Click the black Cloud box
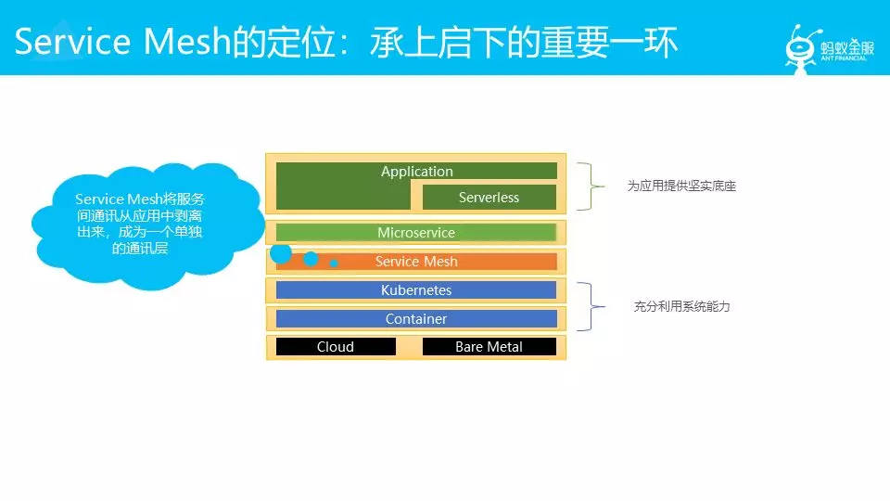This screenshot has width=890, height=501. [336, 346]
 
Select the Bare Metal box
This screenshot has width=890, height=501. [489, 346]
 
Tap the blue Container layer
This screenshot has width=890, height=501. [416, 318]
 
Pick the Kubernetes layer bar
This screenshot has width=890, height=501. [416, 289]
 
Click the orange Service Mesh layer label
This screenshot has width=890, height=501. [416, 262]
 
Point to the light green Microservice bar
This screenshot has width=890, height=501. [416, 232]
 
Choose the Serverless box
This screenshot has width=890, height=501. [489, 197]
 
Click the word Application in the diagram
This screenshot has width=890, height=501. [416, 171]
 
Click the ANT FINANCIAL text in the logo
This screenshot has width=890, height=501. [844, 58]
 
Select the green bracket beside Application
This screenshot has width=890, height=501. [591, 186]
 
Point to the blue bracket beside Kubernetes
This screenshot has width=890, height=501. [591, 306]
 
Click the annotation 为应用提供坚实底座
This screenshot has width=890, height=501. [681, 186]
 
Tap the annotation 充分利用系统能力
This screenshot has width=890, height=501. [681, 307]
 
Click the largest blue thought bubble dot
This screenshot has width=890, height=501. [281, 252]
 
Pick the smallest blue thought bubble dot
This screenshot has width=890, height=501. [334, 263]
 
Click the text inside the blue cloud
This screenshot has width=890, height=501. [140, 224]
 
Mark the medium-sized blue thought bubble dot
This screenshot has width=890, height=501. [311, 259]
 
